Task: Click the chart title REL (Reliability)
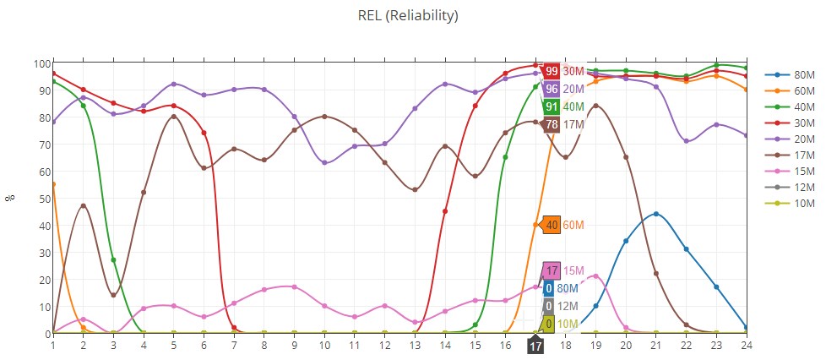coord(413,15)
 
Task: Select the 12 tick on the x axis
coord(384,345)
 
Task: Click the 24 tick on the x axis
coord(746,345)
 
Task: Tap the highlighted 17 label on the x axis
coord(535,346)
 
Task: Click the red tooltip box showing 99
coord(552,71)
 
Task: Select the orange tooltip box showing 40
coord(551,225)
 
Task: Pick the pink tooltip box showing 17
coord(552,270)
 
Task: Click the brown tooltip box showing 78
coord(551,124)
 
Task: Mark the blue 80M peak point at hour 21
coord(656,214)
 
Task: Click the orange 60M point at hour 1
coord(53,184)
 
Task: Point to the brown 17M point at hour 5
coord(174,117)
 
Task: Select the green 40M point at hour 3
coord(113,259)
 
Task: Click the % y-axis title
coord(11,199)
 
